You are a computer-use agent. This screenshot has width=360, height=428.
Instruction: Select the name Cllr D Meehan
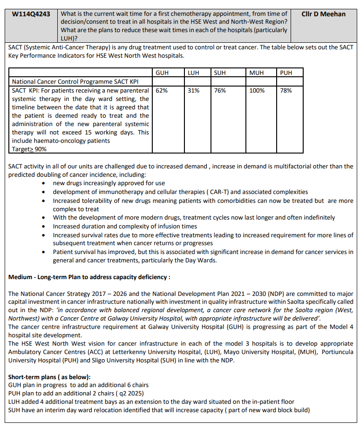[323, 14]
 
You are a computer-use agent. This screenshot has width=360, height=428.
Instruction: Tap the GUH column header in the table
[162, 73]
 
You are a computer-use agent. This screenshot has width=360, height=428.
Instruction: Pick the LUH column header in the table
[193, 73]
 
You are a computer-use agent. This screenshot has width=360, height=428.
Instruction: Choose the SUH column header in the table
[220, 73]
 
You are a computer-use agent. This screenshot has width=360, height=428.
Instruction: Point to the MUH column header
[257, 73]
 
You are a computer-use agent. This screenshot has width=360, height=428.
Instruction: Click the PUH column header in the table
[286, 73]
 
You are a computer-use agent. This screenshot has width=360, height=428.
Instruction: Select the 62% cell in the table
[162, 91]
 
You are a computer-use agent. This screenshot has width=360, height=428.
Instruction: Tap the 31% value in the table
[193, 91]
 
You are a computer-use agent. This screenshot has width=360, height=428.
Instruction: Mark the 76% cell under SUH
[220, 91]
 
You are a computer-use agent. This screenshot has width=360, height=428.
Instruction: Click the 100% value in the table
[257, 91]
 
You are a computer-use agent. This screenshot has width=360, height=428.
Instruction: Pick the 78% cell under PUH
[286, 91]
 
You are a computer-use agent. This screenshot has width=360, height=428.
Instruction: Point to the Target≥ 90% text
[29, 149]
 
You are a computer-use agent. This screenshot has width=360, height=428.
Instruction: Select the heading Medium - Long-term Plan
[89, 277]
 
